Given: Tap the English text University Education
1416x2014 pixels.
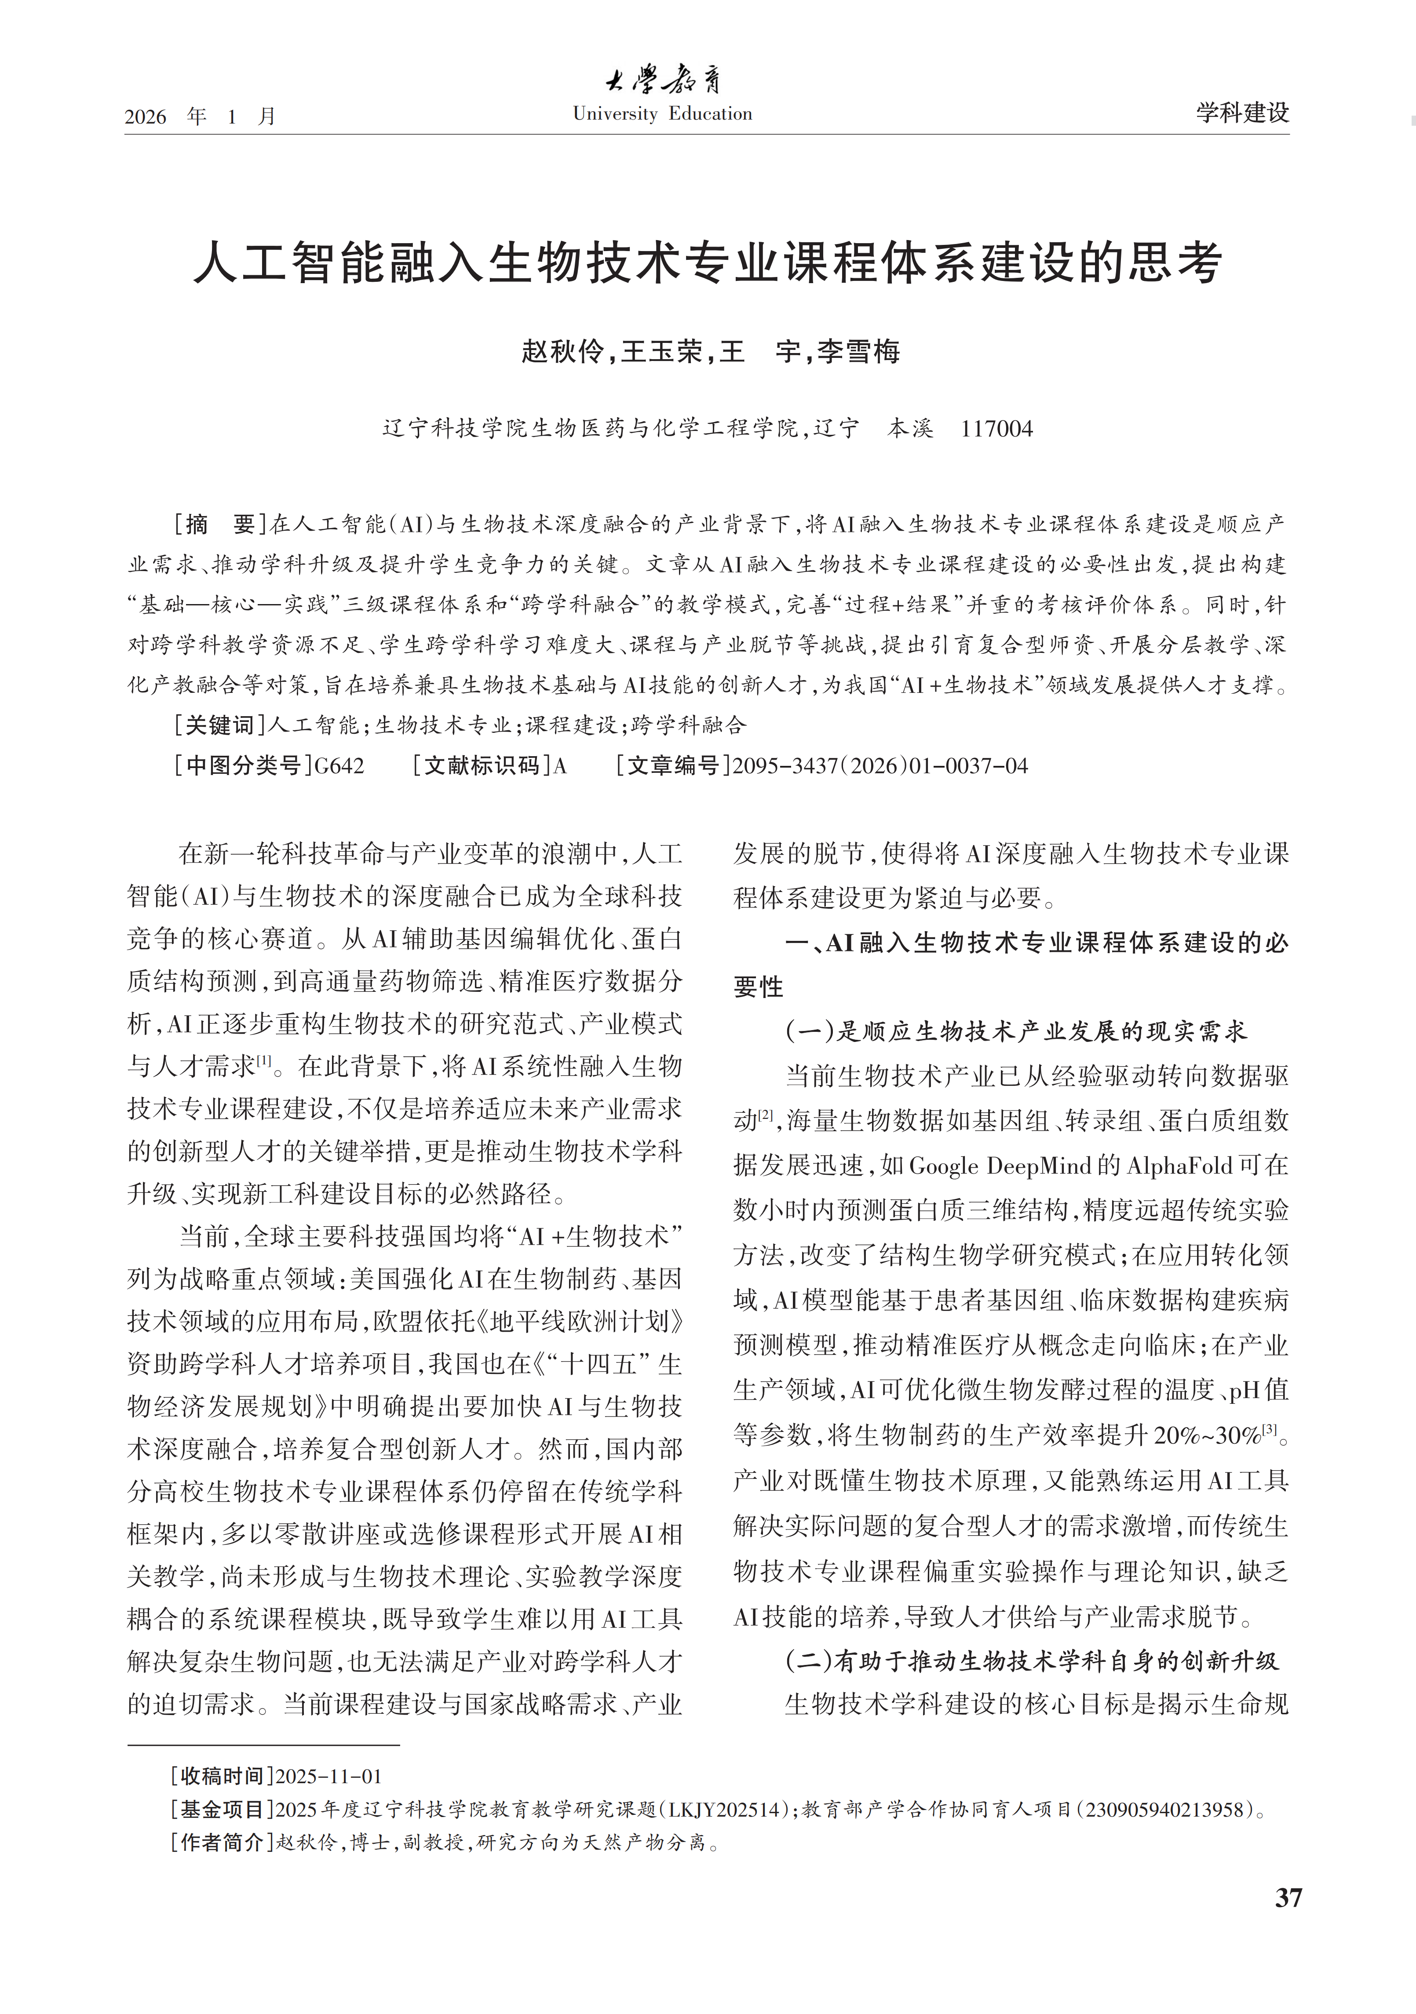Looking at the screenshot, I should point(662,114).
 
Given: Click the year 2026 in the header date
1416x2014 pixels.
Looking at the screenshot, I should point(146,117).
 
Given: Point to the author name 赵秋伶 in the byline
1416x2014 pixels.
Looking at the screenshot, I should point(562,352).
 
